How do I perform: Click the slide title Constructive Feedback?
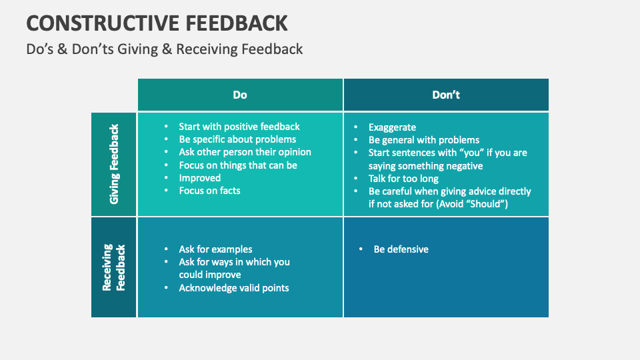click(x=157, y=23)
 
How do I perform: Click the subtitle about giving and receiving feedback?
click(x=165, y=49)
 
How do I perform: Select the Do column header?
click(x=240, y=95)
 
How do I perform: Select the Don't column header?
click(x=446, y=95)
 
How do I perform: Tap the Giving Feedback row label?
click(x=114, y=164)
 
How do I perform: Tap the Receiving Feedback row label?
click(x=114, y=267)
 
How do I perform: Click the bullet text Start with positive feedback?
click(x=239, y=127)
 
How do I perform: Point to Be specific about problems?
click(x=237, y=139)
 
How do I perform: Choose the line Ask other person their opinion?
click(x=245, y=152)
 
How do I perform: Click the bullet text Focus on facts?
click(x=209, y=191)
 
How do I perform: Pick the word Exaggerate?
click(x=392, y=127)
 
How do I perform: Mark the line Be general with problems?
click(x=424, y=140)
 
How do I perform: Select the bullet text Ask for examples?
click(x=215, y=249)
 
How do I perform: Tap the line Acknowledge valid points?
click(x=233, y=288)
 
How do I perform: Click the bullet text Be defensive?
click(x=401, y=249)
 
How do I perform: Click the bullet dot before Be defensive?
click(x=361, y=249)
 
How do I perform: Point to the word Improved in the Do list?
click(x=199, y=178)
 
